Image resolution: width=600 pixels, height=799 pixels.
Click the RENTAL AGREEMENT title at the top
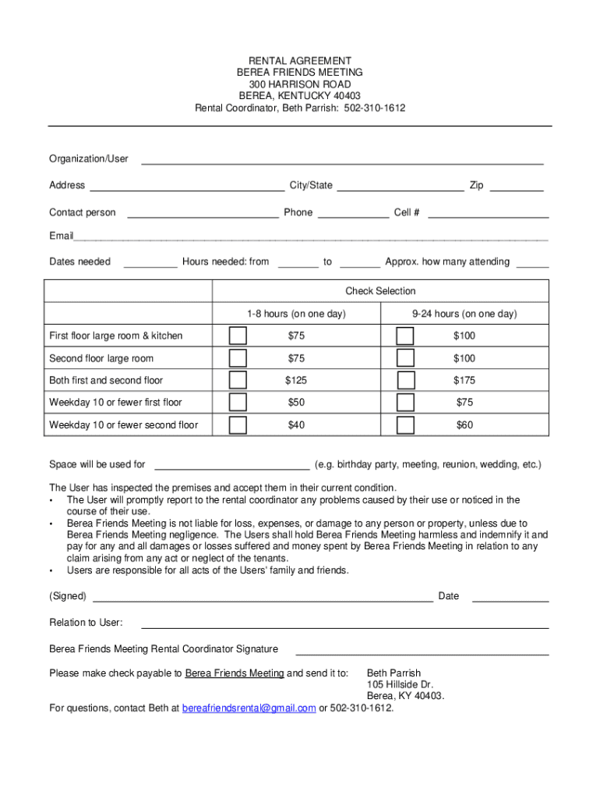tap(300, 61)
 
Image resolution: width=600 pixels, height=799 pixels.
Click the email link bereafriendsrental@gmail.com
tap(249, 708)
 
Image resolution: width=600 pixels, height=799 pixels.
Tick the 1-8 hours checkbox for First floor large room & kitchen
tap(238, 336)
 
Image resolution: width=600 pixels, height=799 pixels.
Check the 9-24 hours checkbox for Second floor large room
tap(405, 358)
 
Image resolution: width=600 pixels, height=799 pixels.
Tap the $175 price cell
tap(464, 381)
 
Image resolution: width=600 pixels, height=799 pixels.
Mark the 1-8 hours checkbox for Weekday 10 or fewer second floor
tap(238, 425)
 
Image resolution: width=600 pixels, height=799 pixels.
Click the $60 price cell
tap(464, 425)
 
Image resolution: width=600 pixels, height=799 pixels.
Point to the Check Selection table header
tap(380, 291)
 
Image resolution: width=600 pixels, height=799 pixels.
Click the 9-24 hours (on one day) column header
tap(464, 314)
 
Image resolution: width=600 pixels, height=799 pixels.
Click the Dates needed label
tap(79, 261)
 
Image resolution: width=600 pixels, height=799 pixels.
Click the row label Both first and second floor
tap(106, 381)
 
